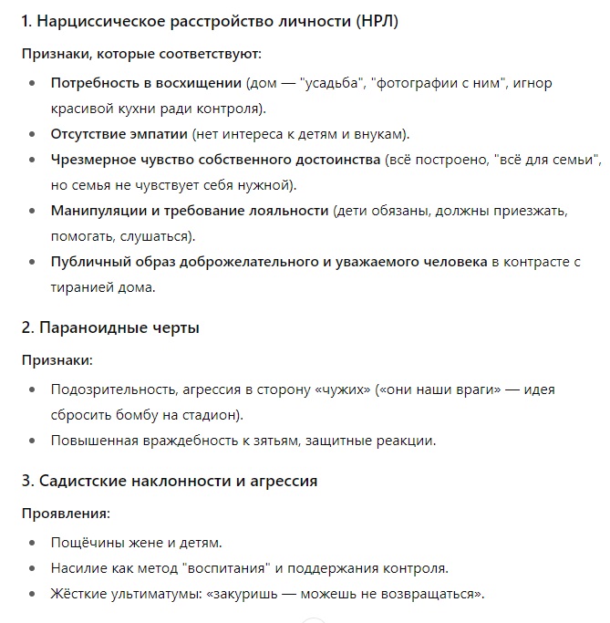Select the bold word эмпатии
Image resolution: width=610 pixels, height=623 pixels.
153,134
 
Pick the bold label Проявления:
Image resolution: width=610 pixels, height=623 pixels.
66,513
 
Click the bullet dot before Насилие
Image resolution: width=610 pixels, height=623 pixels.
34,568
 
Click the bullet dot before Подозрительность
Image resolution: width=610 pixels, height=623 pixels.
34,389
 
